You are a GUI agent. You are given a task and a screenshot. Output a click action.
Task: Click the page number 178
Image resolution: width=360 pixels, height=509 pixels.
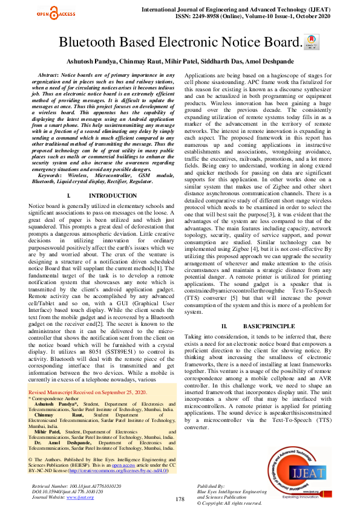tap(180, 499)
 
